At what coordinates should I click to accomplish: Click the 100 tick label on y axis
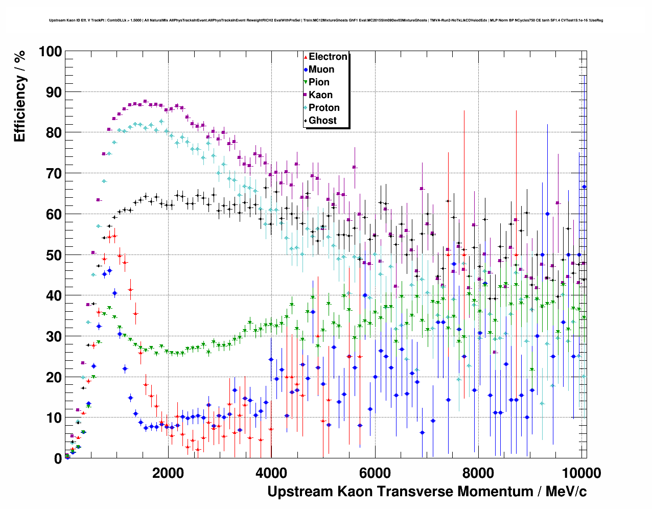tap(50, 52)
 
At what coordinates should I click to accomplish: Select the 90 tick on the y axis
tap(53, 92)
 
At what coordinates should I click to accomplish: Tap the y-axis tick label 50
tap(53, 255)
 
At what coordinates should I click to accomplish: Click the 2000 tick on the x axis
tap(168, 473)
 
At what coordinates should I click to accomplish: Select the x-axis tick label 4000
tap(272, 473)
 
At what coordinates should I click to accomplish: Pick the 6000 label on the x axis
tap(376, 473)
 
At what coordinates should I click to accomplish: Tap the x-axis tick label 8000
tap(479, 473)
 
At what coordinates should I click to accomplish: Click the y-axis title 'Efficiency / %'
tap(20, 96)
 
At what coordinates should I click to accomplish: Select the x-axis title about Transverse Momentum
tap(427, 492)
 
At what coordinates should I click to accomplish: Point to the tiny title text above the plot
tap(326, 20)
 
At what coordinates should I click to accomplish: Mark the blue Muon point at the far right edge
tap(584, 187)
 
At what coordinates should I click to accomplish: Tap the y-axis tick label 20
tap(53, 377)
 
